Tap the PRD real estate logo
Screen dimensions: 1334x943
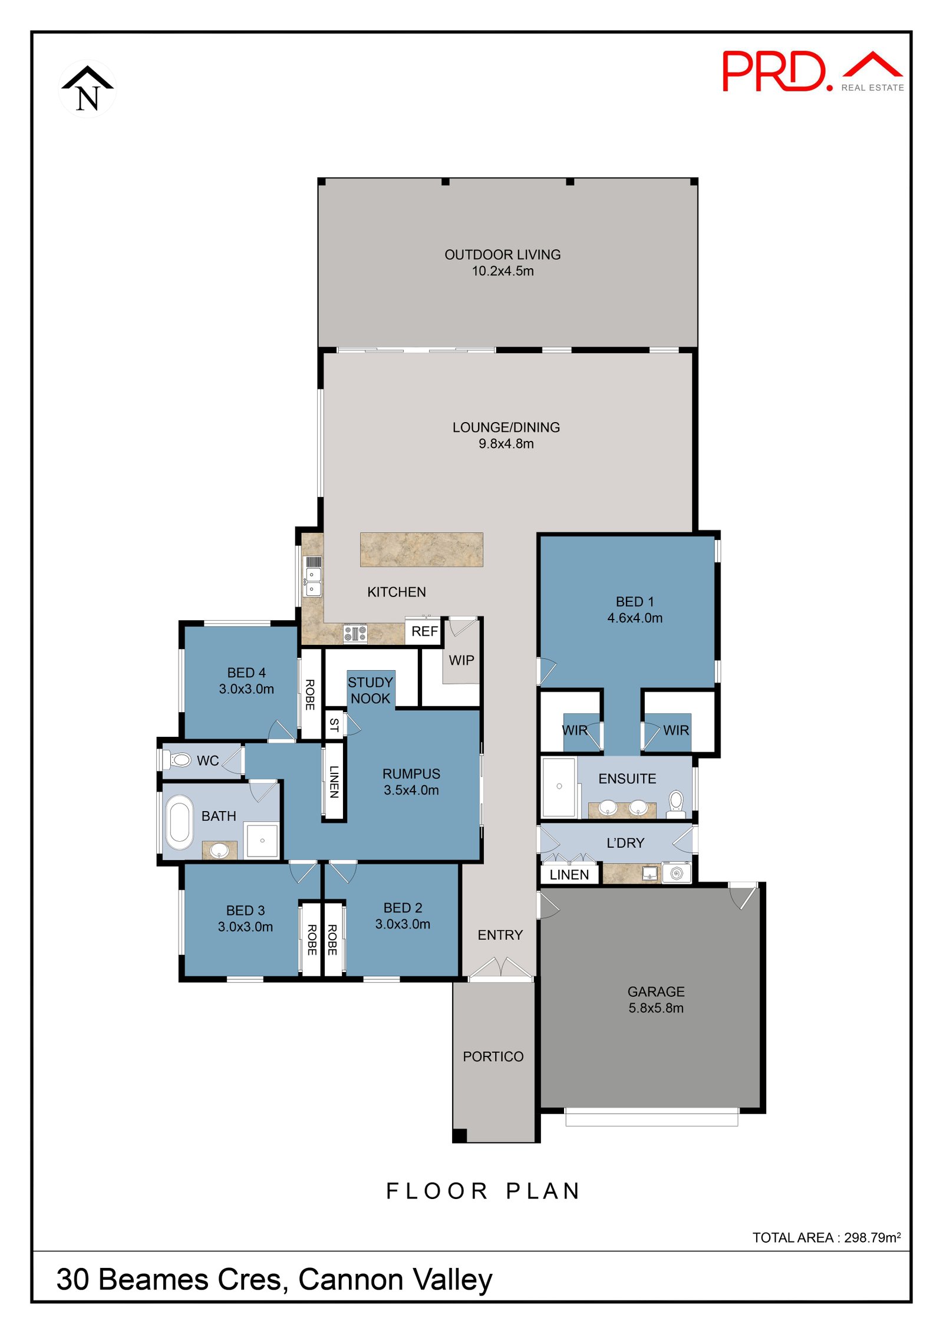812,71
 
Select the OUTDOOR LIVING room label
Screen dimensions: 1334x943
502,255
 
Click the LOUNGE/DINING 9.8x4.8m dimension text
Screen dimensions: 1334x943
506,443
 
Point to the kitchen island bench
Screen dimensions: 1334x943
421,549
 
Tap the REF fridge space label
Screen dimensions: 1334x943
424,631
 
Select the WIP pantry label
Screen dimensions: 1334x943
461,660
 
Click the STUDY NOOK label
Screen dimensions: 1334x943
370,690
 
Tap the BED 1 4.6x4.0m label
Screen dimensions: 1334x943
635,610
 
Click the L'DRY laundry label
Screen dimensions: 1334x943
625,843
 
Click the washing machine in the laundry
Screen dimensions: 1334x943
677,873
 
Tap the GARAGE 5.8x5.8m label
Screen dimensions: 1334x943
656,999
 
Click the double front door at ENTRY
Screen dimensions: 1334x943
500,969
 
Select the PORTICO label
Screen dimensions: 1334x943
493,1056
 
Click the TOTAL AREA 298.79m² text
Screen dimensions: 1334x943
826,1237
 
